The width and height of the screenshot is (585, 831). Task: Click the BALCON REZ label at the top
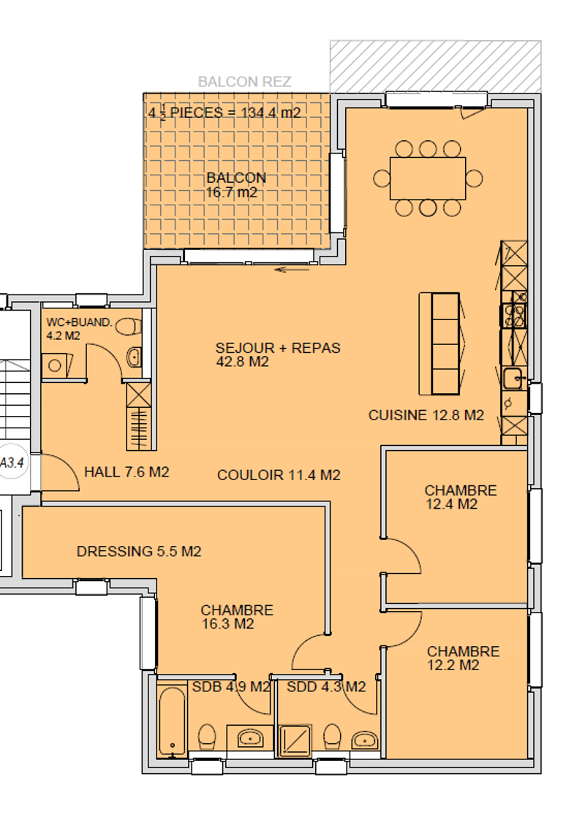(245, 82)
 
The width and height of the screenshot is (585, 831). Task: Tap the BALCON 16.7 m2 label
(235, 185)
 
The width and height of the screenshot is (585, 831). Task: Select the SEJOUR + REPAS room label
(278, 354)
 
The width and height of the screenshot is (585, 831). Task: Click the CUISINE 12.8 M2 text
(426, 415)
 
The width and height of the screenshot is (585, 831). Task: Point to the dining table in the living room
(428, 178)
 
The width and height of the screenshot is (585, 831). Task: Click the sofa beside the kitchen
(440, 343)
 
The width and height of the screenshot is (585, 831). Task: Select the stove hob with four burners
(513, 315)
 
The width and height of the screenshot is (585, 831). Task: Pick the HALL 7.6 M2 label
(127, 472)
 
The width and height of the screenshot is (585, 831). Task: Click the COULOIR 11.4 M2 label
(279, 475)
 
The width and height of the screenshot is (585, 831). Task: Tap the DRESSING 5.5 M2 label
(139, 551)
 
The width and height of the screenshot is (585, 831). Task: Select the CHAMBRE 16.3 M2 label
(236, 616)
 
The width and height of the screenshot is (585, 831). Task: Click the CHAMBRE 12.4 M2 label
(461, 496)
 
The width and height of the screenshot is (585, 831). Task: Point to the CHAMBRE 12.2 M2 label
(463, 658)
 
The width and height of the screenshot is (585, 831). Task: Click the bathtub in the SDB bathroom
(173, 721)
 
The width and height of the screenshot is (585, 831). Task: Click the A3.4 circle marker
(11, 462)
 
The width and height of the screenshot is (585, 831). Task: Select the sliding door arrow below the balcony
(292, 270)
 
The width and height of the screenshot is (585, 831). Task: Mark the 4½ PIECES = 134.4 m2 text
(224, 113)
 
